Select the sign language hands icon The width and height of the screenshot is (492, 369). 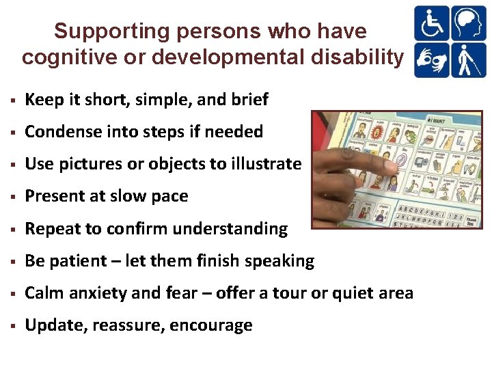[431, 59]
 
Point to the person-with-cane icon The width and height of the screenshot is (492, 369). [468, 59]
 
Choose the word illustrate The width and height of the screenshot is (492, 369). [265, 164]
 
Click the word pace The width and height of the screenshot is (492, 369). [169, 196]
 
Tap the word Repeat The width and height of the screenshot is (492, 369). [50, 228]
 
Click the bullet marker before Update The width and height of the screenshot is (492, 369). [12, 326]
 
